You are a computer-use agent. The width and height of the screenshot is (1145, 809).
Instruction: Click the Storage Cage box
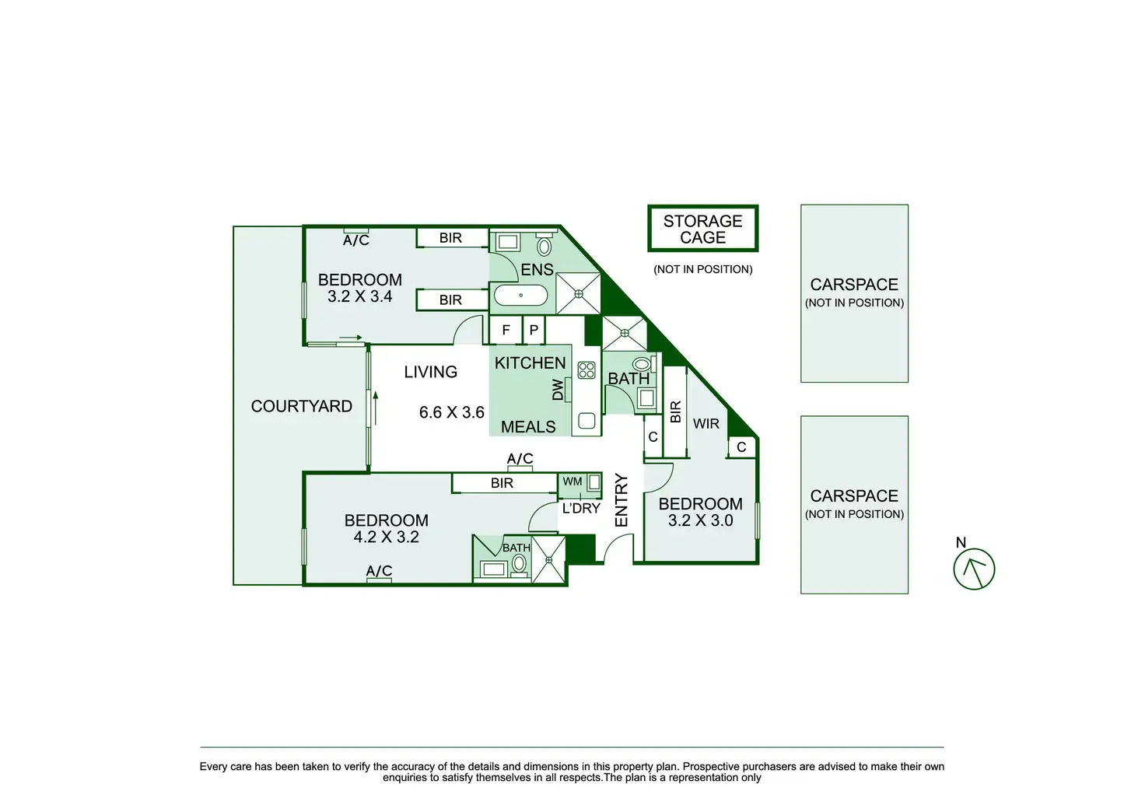click(x=702, y=229)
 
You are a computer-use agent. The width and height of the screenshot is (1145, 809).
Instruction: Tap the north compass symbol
click(x=974, y=568)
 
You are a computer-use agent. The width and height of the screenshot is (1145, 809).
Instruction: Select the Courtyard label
click(x=301, y=406)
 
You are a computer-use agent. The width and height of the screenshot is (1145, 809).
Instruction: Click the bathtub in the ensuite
click(x=520, y=296)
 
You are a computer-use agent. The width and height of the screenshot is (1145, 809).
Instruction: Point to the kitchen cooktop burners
click(x=587, y=370)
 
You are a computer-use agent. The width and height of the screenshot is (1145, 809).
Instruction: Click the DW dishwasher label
click(x=558, y=390)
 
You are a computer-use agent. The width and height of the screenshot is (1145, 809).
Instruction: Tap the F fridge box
click(x=506, y=330)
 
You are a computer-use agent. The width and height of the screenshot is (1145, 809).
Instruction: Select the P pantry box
click(x=534, y=330)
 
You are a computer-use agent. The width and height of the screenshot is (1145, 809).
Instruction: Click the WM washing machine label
click(x=572, y=482)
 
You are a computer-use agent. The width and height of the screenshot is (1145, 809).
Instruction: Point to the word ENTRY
click(x=622, y=500)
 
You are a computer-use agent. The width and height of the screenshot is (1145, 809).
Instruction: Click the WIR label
click(x=706, y=424)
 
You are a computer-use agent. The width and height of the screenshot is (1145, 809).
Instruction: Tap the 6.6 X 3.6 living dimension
click(x=451, y=412)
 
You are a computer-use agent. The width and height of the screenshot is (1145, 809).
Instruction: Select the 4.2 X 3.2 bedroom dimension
click(x=386, y=537)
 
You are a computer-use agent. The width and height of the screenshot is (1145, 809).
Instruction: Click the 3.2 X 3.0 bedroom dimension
click(x=700, y=520)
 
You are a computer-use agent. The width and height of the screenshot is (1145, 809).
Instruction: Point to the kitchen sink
click(x=587, y=422)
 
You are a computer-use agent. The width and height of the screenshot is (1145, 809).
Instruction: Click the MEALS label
click(x=528, y=427)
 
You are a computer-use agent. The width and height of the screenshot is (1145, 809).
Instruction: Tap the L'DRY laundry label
click(x=581, y=508)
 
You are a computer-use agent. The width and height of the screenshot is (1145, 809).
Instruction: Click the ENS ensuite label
click(x=537, y=270)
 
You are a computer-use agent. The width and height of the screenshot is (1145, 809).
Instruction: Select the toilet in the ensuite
click(x=544, y=246)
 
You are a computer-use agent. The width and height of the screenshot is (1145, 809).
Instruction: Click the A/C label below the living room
click(x=520, y=459)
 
